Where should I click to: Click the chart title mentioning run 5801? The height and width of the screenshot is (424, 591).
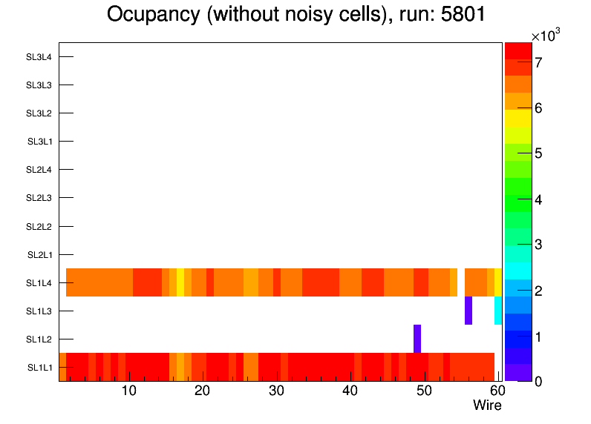295,15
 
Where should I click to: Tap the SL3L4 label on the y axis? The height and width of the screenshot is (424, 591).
39,57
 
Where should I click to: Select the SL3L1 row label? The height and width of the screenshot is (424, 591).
39,142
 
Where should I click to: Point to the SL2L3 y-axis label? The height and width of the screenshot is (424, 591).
39,198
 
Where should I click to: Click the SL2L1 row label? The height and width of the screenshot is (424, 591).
39,255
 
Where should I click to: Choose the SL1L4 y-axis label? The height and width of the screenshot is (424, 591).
39,283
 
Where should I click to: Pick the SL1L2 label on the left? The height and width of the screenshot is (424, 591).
39,339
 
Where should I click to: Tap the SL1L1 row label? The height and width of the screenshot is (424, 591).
39,368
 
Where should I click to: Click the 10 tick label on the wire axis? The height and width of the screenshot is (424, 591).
128,391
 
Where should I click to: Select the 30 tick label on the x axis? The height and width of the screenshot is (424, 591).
276,391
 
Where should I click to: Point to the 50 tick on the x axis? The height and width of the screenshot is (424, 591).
424,391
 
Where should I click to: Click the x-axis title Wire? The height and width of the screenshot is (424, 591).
487,405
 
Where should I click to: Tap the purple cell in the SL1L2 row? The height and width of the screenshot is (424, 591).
417,339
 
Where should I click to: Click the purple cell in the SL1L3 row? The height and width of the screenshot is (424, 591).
468,311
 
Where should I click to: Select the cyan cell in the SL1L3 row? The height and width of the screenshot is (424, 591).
498,311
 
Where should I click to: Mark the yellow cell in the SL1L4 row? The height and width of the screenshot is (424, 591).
180,282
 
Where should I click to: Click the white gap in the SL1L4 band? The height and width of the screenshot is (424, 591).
461,282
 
